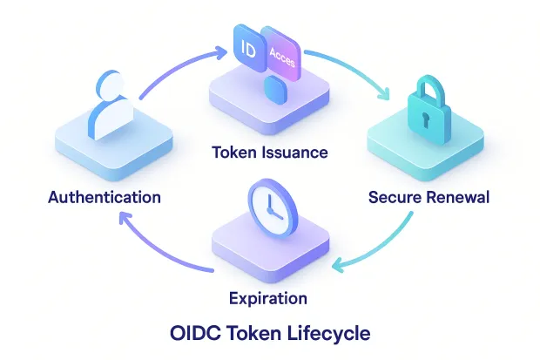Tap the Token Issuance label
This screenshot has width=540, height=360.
(270, 153)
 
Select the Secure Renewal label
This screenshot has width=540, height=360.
(429, 197)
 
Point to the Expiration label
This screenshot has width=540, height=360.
(267, 298)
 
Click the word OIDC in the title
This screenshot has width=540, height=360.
(194, 333)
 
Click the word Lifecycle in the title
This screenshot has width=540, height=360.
(324, 333)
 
